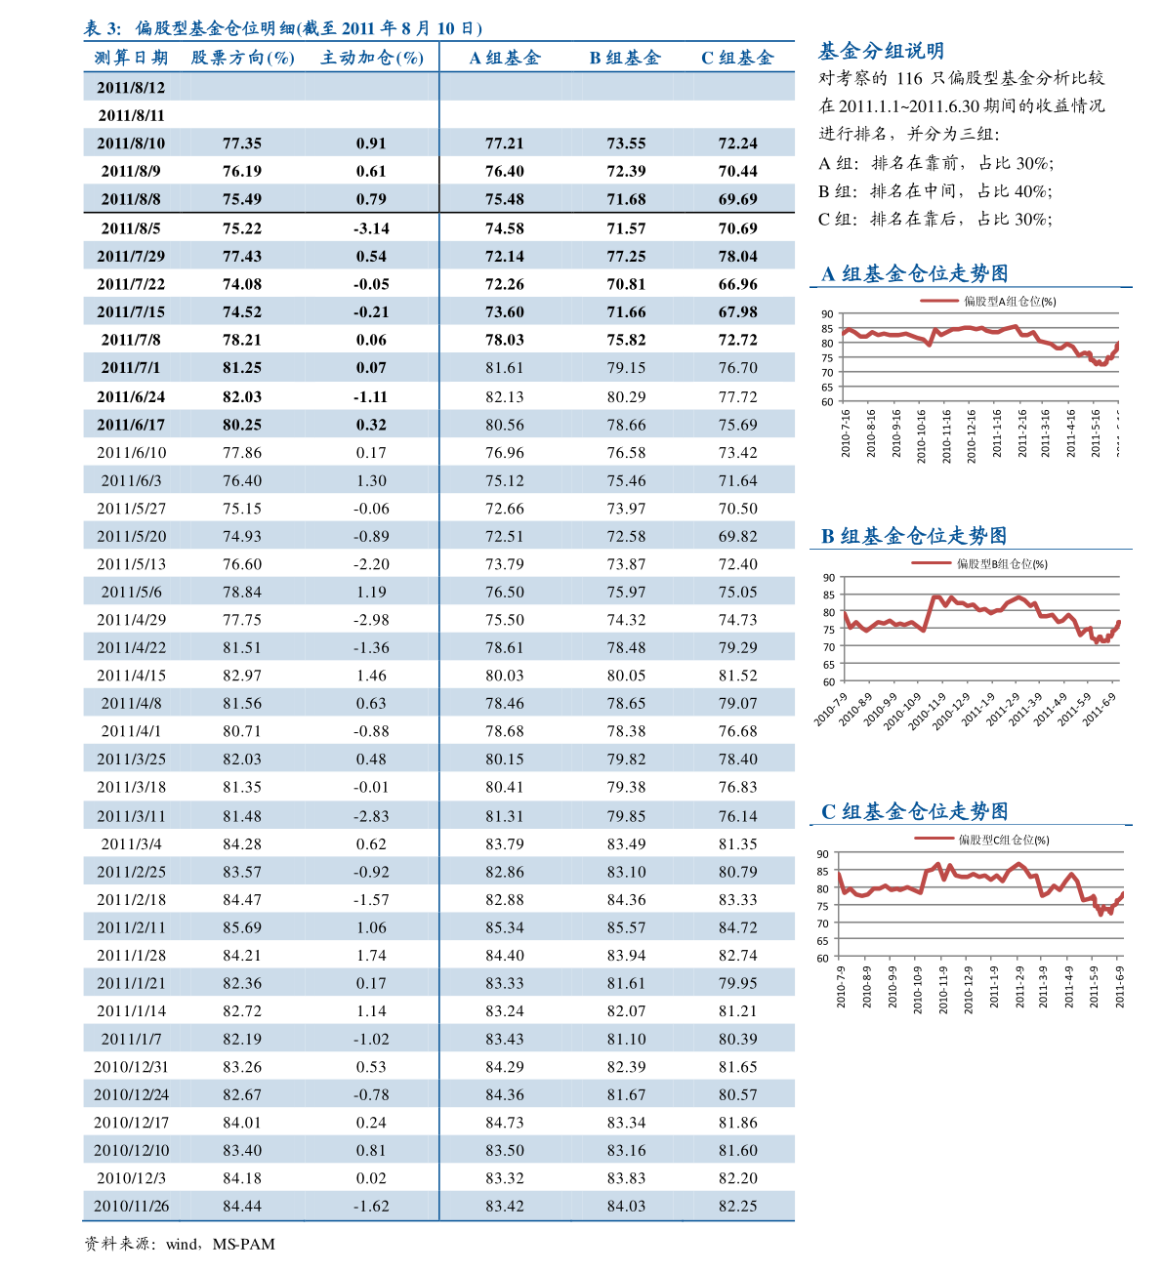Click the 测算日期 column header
[x=131, y=58]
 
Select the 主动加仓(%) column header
[x=372, y=58]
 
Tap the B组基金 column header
[x=625, y=58]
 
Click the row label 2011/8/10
[x=131, y=144]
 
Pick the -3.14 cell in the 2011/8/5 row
[x=371, y=228]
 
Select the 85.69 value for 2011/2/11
[x=242, y=927]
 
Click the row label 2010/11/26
[x=131, y=1206]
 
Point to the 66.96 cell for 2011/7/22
[x=737, y=284]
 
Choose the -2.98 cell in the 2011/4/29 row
[x=371, y=620]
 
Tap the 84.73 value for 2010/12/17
[x=505, y=1123]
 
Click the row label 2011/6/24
[x=131, y=396]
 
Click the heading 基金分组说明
[x=881, y=51]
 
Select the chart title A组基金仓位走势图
[x=914, y=273]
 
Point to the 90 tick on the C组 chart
[x=822, y=854]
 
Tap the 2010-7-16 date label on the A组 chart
[x=846, y=432]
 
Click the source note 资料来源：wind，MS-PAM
[x=180, y=1244]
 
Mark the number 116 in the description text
[x=908, y=78]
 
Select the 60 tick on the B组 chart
[x=828, y=682]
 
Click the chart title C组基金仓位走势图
[x=914, y=811]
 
